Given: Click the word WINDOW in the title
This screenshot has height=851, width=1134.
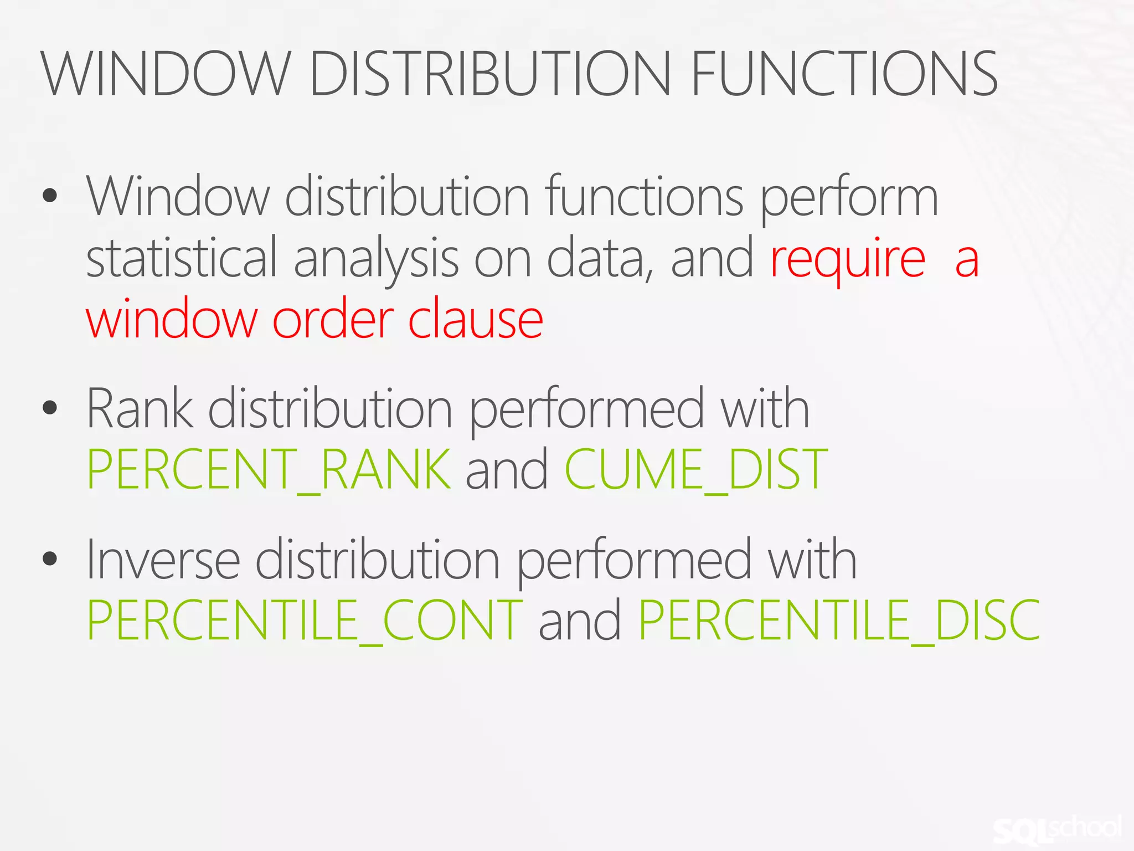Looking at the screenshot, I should pyautogui.click(x=166, y=74).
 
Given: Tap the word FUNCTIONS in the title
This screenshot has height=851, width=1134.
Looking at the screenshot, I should pyautogui.click(x=844, y=74).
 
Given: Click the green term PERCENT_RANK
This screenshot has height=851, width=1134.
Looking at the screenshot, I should pyautogui.click(x=269, y=469).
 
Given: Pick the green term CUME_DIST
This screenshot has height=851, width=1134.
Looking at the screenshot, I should pyautogui.click(x=696, y=469).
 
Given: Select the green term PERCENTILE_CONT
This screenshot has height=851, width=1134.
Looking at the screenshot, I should pyautogui.click(x=305, y=620).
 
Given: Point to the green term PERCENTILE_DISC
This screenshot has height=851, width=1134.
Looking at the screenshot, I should pyautogui.click(x=839, y=620).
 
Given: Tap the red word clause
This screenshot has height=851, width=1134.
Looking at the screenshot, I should pyautogui.click(x=476, y=320).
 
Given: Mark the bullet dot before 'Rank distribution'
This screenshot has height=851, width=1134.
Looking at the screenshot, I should pyautogui.click(x=50, y=408).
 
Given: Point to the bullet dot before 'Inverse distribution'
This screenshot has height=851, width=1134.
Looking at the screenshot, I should pyautogui.click(x=50, y=558).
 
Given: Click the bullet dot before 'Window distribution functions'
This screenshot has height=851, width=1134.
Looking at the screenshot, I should pyautogui.click(x=50, y=196).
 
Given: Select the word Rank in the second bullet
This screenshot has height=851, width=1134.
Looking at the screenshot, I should pyautogui.click(x=140, y=409).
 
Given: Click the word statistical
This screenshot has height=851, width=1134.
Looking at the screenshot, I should pyautogui.click(x=182, y=258).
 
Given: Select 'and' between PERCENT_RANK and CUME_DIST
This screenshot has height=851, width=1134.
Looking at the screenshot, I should pyautogui.click(x=507, y=469).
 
